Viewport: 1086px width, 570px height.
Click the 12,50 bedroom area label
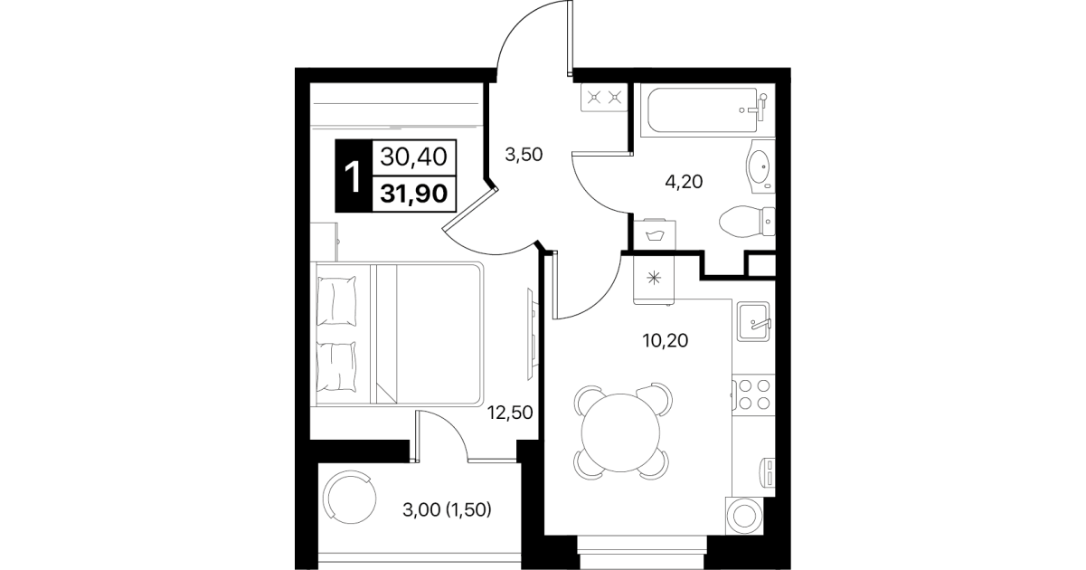510,413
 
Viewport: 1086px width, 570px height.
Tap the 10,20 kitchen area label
666,340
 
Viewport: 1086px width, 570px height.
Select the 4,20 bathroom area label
684,182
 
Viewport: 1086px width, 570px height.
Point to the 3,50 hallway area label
524,155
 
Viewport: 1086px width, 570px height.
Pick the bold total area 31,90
413,194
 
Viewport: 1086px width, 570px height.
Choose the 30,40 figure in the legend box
413,157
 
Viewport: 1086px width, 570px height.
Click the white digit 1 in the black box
353,177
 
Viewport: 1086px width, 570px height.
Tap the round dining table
620,432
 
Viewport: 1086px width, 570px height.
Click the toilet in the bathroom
747,222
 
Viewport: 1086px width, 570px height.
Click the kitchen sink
754,321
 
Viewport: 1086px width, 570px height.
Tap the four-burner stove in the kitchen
753,394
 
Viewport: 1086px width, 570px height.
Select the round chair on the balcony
350,498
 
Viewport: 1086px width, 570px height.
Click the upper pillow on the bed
336,301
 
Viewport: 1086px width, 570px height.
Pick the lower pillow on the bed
336,366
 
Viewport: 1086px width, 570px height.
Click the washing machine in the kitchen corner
744,516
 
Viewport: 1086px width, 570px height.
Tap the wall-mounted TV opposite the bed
532,334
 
